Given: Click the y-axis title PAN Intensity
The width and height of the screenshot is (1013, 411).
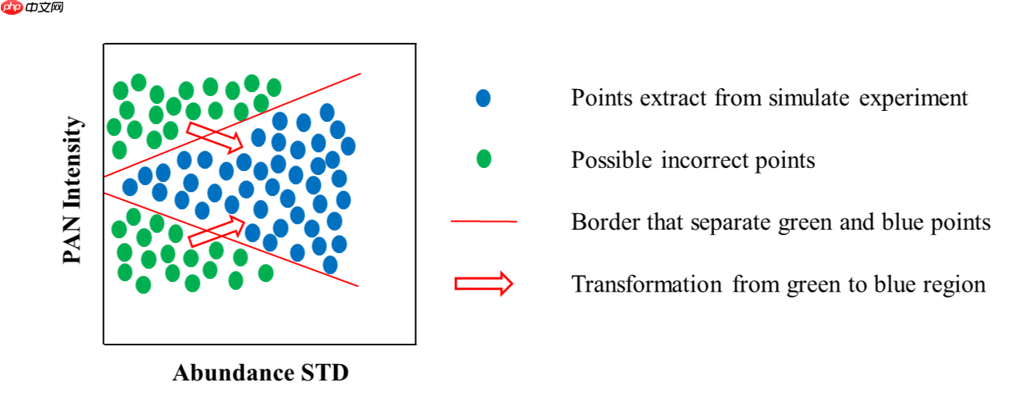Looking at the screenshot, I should [x=73, y=191].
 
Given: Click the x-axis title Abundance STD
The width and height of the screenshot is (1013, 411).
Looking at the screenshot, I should [x=260, y=373].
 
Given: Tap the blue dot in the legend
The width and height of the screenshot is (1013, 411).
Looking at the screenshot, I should [x=483, y=98].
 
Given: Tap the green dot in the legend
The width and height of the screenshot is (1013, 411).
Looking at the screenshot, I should [x=483, y=159].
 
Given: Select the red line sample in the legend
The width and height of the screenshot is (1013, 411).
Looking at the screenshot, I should [x=484, y=222].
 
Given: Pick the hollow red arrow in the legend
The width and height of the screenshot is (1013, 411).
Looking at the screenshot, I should [x=484, y=284].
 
